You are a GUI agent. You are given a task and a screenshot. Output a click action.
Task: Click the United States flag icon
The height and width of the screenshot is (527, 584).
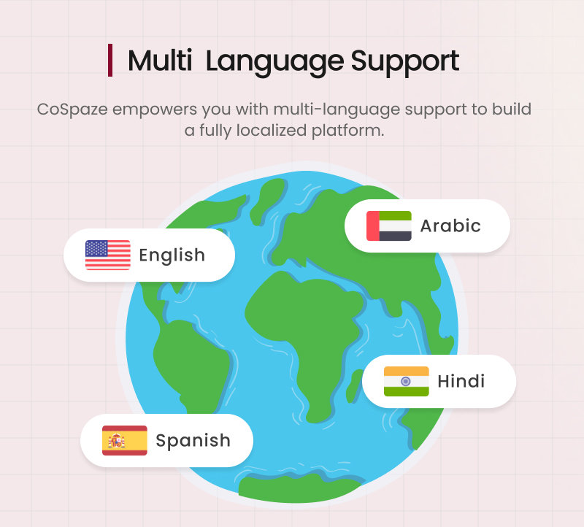[108, 255]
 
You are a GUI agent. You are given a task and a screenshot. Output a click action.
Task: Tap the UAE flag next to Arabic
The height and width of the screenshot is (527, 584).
[389, 226]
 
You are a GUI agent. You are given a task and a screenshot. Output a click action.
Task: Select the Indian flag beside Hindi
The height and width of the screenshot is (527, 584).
[407, 381]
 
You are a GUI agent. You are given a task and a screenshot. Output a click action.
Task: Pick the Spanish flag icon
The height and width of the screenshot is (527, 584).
[124, 440]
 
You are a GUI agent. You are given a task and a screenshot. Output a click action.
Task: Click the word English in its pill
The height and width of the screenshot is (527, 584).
[172, 255]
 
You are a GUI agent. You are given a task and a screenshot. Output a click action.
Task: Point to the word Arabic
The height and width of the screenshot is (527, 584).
[450, 226]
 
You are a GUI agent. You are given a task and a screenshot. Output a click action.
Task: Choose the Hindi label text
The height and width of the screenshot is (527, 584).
[461, 381]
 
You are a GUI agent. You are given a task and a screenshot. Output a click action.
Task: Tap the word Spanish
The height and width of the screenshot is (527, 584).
[193, 440]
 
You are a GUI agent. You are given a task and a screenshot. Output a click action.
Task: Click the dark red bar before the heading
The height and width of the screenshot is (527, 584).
[110, 61]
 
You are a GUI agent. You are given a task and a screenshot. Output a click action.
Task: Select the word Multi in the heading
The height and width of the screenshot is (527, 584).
[160, 61]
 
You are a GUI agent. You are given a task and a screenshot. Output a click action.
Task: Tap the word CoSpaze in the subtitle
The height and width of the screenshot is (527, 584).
[71, 110]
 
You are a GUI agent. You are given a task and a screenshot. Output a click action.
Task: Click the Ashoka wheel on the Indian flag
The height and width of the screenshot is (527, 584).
[407, 381]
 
